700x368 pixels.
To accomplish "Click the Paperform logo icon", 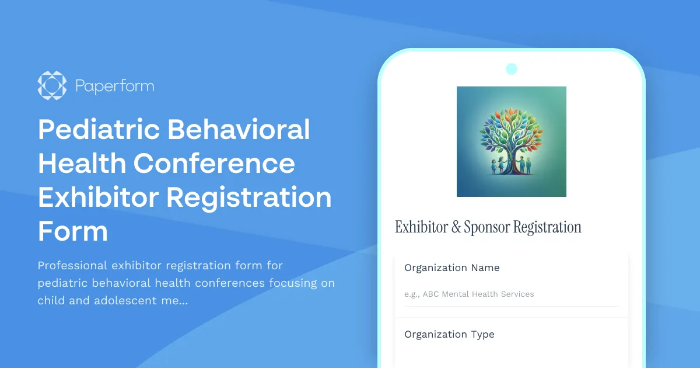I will click(52, 86).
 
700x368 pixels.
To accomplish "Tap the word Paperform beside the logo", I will click(114, 86).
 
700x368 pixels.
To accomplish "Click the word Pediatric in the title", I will click(98, 129).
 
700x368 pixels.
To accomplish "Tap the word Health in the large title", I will click(81, 163).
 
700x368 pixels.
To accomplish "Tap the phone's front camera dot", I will click(512, 69).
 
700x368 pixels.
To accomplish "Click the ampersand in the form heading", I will click(456, 227).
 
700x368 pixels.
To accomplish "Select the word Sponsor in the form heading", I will click(485, 227).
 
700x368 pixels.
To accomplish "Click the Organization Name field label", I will click(452, 268).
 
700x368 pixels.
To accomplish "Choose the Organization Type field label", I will click(449, 335).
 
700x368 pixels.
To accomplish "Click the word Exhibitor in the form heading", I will click(421, 227).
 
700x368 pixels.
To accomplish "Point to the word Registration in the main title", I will click(249, 197).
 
